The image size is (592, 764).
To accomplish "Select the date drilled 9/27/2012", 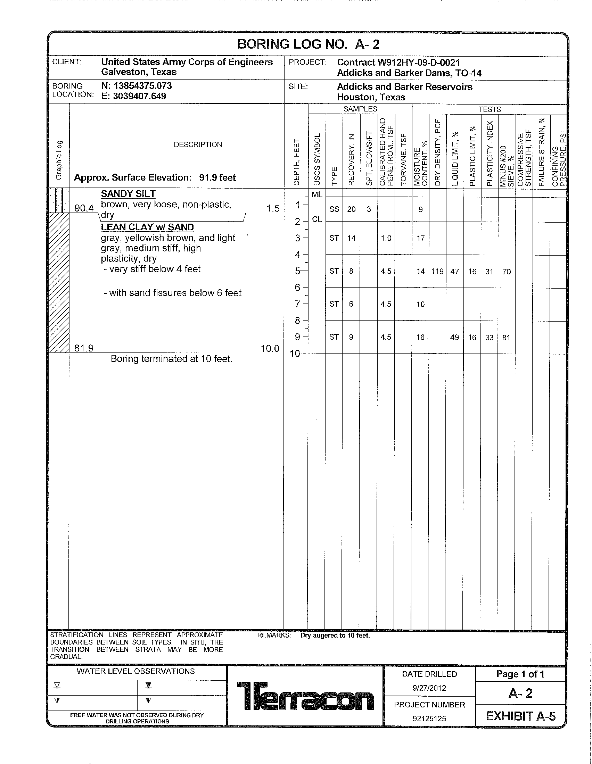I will coord(429,688).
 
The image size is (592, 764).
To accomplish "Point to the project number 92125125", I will coord(429,719).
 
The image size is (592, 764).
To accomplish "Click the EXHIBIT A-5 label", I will coord(520,716).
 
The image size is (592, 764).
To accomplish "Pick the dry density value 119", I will coord(437,272).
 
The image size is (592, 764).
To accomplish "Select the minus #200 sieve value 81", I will coord(506,338).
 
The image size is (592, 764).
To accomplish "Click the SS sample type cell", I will coord(334,209).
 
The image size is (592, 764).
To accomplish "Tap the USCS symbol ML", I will coord(316,195).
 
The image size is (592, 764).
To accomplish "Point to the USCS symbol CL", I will coord(316,219).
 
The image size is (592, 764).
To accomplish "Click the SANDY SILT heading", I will coord(128,194).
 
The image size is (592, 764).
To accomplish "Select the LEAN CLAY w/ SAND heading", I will coord(147,227).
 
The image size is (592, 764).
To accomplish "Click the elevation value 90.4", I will coord(84,208).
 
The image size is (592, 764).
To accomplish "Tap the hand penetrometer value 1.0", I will coord(386,238).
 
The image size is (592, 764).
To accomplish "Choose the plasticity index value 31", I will coord(489,272).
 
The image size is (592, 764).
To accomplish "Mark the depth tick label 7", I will coord(297,304).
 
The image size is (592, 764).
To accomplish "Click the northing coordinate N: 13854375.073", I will coord(137,86).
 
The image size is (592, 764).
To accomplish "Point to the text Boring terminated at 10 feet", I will coord(171,359).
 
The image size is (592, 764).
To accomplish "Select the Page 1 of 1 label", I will coord(520,674).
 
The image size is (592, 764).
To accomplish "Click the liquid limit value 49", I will coord(454,338).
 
